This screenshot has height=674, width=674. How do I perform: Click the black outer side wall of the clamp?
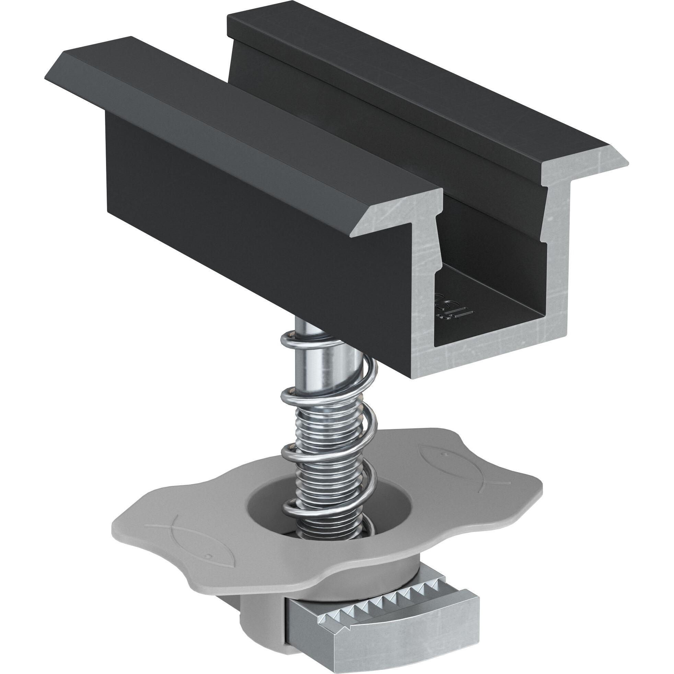[244, 227]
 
